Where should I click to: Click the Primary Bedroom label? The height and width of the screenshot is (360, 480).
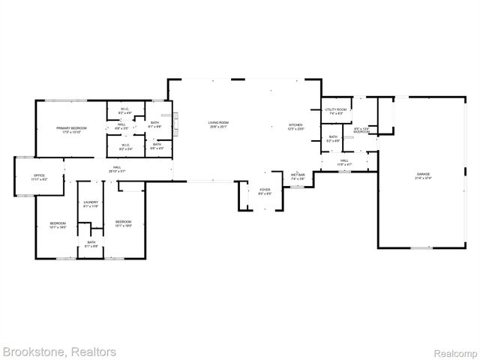pyautogui.click(x=72, y=127)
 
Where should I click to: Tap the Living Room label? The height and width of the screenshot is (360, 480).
pyautogui.click(x=218, y=122)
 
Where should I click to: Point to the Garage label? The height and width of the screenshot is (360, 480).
pyautogui.click(x=424, y=174)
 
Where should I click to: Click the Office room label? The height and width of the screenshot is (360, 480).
pyautogui.click(x=39, y=176)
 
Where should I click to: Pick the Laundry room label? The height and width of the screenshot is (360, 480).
pyautogui.click(x=91, y=202)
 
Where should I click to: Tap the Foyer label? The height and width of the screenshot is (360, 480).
pyautogui.click(x=265, y=189)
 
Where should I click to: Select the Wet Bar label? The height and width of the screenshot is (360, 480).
pyautogui.click(x=298, y=175)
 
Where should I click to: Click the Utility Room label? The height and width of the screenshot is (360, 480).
pyautogui.click(x=335, y=109)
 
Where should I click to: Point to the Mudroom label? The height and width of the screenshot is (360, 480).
pyautogui.click(x=362, y=132)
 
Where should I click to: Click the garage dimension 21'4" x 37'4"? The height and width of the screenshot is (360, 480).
pyautogui.click(x=424, y=178)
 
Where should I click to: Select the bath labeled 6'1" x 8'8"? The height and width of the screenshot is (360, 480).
pyautogui.click(x=154, y=126)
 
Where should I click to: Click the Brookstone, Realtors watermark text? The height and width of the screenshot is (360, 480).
pyautogui.click(x=59, y=351)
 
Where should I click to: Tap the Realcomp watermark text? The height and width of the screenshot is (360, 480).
pyautogui.click(x=457, y=352)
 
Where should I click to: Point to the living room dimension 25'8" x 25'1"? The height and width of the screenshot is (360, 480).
pyautogui.click(x=218, y=127)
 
